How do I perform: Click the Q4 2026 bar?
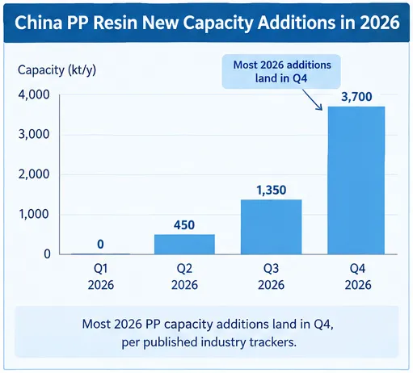pyautogui.click(x=356, y=180)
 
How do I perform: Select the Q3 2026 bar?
pyautogui.click(x=272, y=227)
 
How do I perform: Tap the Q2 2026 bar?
pyautogui.click(x=184, y=245)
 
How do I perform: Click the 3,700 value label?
pyautogui.click(x=356, y=97)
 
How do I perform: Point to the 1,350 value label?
pyautogui.click(x=272, y=191)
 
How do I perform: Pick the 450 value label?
pyautogui.click(x=184, y=225)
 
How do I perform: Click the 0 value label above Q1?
pyautogui.click(x=100, y=244)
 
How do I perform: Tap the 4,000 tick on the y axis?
pyautogui.click(x=34, y=94)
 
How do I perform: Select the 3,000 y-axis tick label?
pyautogui.click(x=34, y=134)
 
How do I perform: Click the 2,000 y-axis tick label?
pyautogui.click(x=34, y=174)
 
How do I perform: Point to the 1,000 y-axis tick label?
pyautogui.click(x=34, y=214)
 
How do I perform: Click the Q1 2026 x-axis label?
pyautogui.click(x=101, y=277)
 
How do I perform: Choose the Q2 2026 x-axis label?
pyautogui.click(x=184, y=277)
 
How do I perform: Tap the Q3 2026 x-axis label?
pyautogui.click(x=271, y=277)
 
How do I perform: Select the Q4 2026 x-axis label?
pyautogui.click(x=358, y=277)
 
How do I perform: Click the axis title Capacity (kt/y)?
pyautogui.click(x=57, y=70)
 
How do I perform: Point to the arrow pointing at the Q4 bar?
pyautogui.click(x=312, y=99)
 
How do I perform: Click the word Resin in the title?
pyautogui.click(x=116, y=23)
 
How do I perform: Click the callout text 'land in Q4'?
pyautogui.click(x=281, y=78)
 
